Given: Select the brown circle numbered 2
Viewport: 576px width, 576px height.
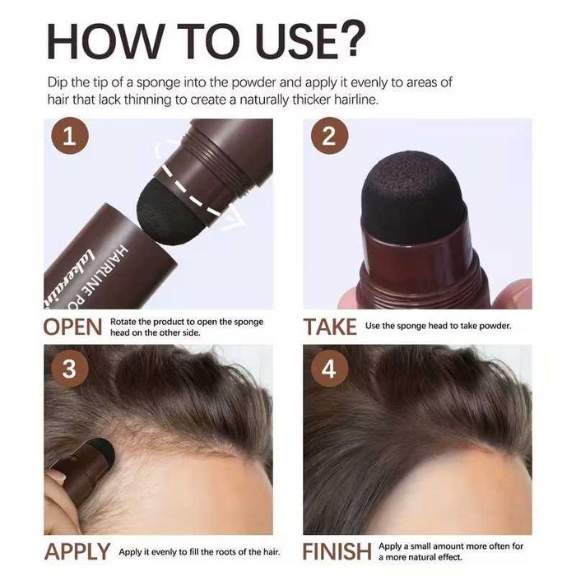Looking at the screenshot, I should [328, 137].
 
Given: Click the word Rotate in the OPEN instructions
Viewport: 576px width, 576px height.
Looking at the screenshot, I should [127, 322].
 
